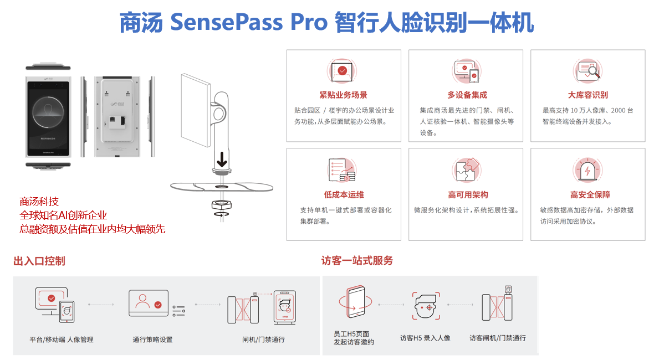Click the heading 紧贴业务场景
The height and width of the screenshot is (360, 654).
(343, 95)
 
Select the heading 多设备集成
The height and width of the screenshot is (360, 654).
(467, 95)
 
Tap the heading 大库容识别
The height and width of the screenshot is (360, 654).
(587, 95)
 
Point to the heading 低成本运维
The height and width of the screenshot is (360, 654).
(344, 194)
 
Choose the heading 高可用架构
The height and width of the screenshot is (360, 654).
(468, 194)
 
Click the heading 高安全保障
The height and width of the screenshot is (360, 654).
(590, 194)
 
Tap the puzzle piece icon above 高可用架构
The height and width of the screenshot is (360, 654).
(467, 169)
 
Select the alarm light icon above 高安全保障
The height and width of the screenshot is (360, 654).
(587, 169)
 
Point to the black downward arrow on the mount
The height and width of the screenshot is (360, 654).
(222, 159)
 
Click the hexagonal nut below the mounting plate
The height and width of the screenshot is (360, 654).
(222, 205)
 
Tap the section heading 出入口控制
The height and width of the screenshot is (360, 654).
(39, 261)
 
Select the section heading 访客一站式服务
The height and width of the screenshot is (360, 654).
(357, 261)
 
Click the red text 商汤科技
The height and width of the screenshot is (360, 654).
(39, 202)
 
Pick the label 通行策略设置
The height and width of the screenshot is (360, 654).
(152, 340)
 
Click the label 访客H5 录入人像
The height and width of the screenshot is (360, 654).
(425, 338)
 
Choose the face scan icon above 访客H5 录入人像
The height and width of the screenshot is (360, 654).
(426, 306)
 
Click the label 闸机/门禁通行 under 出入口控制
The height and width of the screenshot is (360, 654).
(264, 340)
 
